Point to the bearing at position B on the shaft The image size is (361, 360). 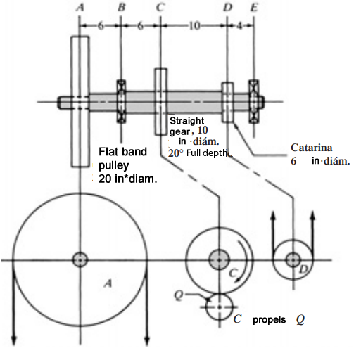click(x=120, y=101)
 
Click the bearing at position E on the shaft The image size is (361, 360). click(x=253, y=101)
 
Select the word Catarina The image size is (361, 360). click(x=311, y=148)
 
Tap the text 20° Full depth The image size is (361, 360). click(x=199, y=153)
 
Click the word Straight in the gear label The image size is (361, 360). click(x=186, y=120)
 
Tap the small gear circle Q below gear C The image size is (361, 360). click(x=219, y=306)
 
